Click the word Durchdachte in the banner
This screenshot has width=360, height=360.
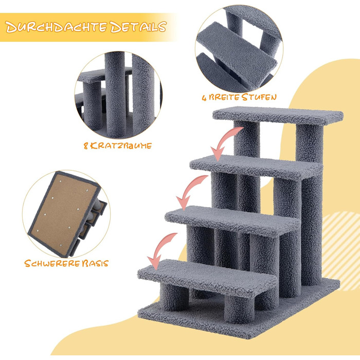pyautogui.click(x=56, y=27)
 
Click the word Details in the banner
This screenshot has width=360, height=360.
pyautogui.click(x=138, y=27)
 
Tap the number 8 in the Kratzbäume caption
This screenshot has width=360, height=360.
pyautogui.click(x=86, y=146)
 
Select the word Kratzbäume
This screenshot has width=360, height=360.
pyautogui.click(x=121, y=146)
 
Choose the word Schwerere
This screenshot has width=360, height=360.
pyautogui.click(x=52, y=263)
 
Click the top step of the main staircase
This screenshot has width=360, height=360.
pyautogui.click(x=278, y=116)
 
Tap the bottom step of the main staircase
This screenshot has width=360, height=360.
pyautogui.click(x=207, y=278)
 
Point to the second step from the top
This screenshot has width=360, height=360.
pyautogui.click(x=256, y=167)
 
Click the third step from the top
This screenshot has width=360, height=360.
pyautogui.click(x=232, y=220)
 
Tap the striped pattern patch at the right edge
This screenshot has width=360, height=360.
pyautogui.click(x=341, y=251)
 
